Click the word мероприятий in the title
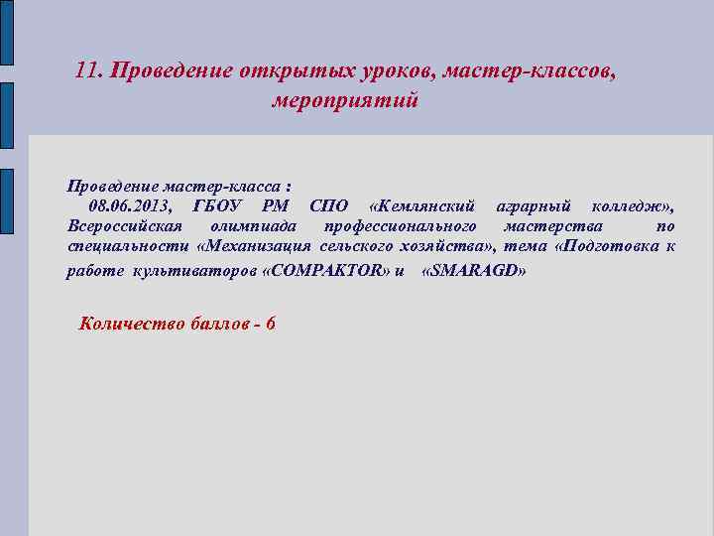point(346,101)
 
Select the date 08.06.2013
point(130,206)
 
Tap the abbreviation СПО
point(329,206)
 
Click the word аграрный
point(534,206)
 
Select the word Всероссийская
point(124,226)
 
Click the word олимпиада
point(254,226)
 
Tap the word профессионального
point(401,226)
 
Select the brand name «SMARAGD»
point(474,271)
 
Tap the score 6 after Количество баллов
point(271,325)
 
